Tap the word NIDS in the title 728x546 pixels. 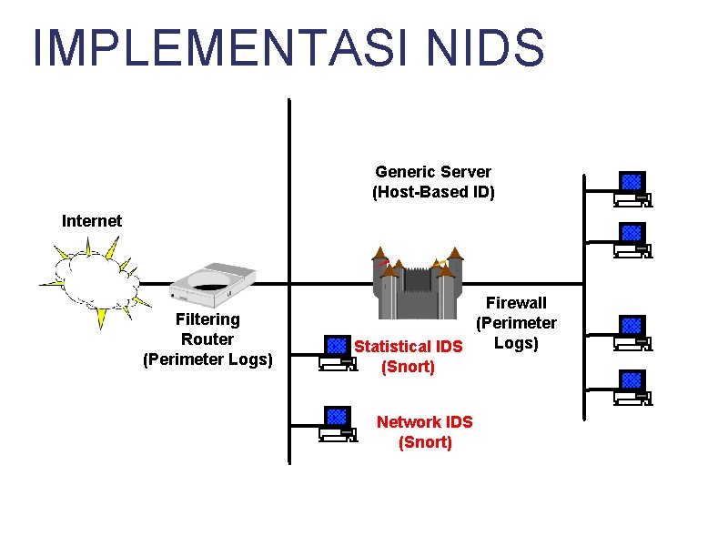pos(485,47)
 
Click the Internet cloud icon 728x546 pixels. pos(96,281)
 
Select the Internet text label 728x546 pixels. pos(92,220)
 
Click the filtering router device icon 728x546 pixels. pos(213,285)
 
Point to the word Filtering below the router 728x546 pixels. pos(207,319)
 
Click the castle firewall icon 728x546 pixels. pos(418,283)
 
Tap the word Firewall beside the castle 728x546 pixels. pos(516,303)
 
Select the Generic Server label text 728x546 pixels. pos(433,172)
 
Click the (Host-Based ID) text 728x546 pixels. pos(433,192)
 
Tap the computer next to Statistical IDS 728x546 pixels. pos(338,353)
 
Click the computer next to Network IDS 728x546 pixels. pos(338,424)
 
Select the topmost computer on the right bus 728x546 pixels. pos(632,189)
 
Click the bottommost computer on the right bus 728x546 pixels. pos(632,388)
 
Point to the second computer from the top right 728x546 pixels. pos(632,240)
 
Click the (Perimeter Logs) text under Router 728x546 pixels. pos(207,359)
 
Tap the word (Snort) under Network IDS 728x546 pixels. pos(425,442)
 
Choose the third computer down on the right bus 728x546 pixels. pos(632,333)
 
